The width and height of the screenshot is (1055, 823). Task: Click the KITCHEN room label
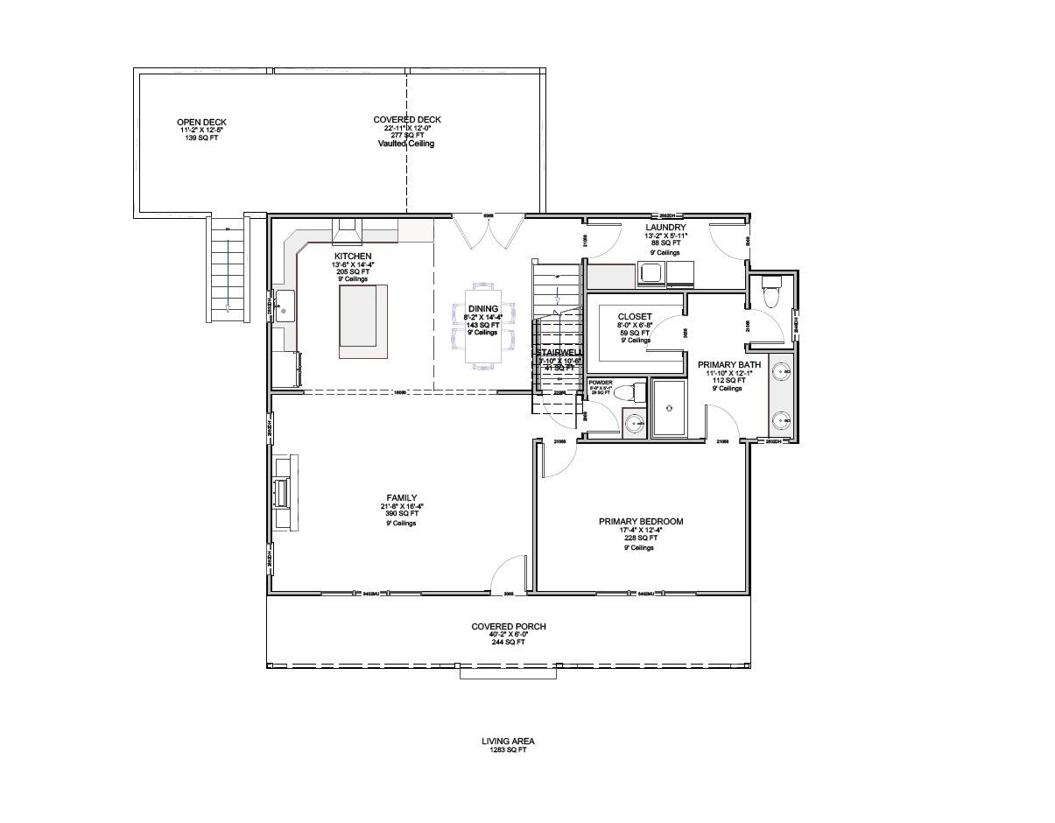click(x=352, y=256)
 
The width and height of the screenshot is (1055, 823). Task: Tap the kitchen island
click(x=363, y=320)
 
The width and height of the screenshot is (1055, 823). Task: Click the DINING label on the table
click(x=482, y=308)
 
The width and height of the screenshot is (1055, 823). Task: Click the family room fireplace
click(x=284, y=492)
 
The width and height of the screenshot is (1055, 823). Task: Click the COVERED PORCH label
click(x=509, y=626)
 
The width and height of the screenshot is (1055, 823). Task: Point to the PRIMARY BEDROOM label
click(x=640, y=521)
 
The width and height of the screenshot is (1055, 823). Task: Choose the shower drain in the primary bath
click(x=667, y=406)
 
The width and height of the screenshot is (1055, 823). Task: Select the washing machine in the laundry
click(x=651, y=274)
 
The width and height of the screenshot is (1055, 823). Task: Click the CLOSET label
click(x=634, y=316)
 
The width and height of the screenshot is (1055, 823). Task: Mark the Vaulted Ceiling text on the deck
click(x=406, y=144)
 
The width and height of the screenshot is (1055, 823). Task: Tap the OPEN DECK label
click(x=200, y=122)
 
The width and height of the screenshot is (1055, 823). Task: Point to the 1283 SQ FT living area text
click(x=508, y=749)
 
